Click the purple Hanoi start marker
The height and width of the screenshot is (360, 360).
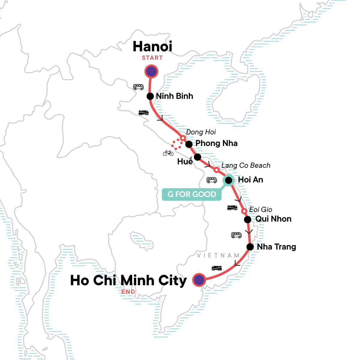[x=151, y=72]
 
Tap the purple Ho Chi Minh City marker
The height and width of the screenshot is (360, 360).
[x=199, y=280]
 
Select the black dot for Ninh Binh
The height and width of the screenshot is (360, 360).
[x=150, y=96]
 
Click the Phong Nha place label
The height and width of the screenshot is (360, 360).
[x=216, y=143]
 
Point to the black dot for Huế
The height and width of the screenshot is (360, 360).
[x=197, y=157]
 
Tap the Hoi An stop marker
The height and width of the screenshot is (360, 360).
[x=228, y=180]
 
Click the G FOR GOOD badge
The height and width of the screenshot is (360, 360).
[x=192, y=194]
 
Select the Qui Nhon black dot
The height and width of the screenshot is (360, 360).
[x=247, y=220]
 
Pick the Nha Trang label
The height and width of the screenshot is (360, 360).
[x=276, y=247]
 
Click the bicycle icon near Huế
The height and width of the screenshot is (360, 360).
[x=168, y=153]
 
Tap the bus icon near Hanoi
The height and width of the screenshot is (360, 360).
[x=138, y=87]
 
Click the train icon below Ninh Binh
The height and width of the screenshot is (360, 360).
[x=143, y=112]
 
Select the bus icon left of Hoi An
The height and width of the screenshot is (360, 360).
[x=211, y=180]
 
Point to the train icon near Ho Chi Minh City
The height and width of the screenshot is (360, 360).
[x=217, y=268]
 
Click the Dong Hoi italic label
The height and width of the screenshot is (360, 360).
[x=201, y=132]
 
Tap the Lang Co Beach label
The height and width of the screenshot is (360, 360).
[x=246, y=166]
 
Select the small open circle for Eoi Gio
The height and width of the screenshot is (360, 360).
[x=244, y=211]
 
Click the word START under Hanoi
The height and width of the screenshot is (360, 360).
[x=152, y=58]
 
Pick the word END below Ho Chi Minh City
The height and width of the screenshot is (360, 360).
[x=128, y=292]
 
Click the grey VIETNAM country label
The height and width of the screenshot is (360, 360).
[x=218, y=256]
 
